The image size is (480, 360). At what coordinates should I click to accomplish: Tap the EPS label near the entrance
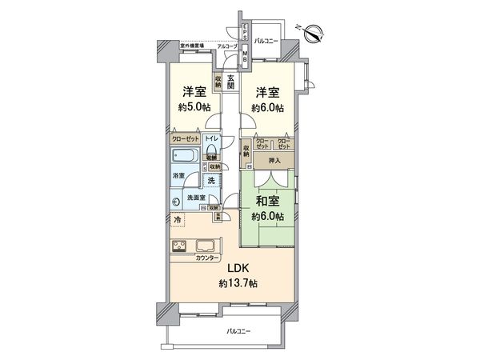(246, 34)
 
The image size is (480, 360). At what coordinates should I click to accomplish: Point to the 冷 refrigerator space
(176, 218)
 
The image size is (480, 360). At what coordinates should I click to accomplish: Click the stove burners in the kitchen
(178, 246)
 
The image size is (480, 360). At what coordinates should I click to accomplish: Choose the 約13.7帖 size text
(236, 285)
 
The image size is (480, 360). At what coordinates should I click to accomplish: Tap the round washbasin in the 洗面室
(177, 202)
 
